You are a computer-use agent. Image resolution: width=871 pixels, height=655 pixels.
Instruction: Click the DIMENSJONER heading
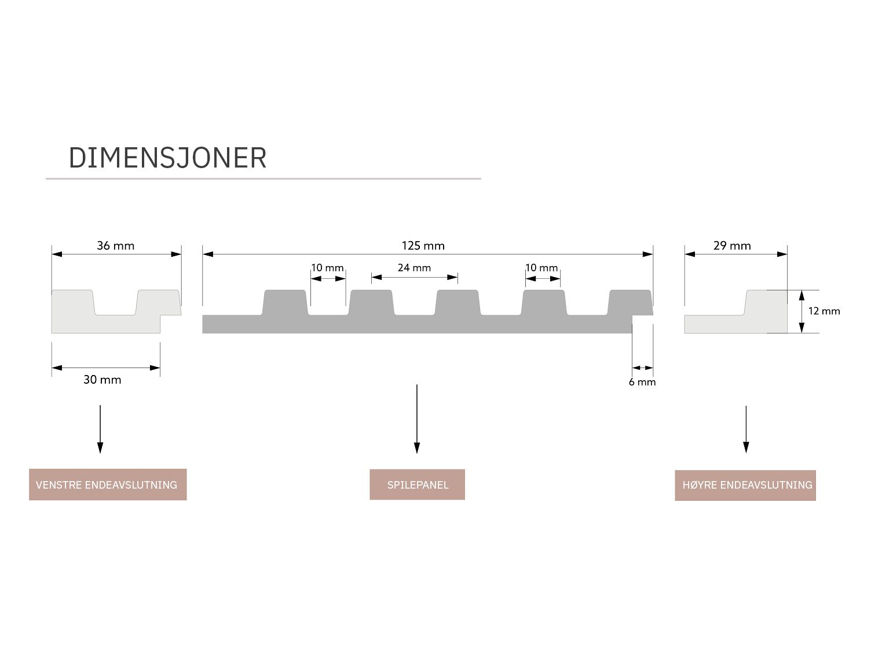tap(167, 158)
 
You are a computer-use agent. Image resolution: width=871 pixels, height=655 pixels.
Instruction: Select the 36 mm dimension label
tap(116, 246)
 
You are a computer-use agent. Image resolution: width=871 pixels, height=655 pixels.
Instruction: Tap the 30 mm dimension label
tap(103, 380)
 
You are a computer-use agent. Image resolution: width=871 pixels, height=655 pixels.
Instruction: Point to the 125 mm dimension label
tap(423, 246)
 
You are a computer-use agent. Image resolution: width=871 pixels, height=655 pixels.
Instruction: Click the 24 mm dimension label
tap(414, 268)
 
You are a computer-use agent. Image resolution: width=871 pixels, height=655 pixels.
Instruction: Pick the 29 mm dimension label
tap(732, 246)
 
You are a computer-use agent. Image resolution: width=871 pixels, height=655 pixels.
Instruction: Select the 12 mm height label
tap(824, 311)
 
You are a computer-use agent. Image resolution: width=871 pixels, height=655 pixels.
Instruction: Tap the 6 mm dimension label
tap(642, 382)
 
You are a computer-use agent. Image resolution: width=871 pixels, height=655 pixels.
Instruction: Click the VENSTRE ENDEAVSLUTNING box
tap(108, 485)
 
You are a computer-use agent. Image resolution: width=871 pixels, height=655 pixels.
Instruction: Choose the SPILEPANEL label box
tap(417, 485)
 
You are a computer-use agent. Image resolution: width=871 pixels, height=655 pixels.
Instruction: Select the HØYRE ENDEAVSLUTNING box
tap(745, 485)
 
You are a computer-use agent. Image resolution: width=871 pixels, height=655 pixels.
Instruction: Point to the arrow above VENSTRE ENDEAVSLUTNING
tap(100, 429)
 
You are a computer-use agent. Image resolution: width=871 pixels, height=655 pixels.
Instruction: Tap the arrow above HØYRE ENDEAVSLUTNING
tap(746, 429)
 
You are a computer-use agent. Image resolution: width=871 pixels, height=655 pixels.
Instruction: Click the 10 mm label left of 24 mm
tap(328, 268)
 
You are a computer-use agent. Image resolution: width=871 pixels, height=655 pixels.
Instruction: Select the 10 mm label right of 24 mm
tap(541, 268)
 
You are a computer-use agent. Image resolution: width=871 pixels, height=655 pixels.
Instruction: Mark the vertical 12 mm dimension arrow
tap(802, 311)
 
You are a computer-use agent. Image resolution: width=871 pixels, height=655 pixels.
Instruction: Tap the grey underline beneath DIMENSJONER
tap(264, 179)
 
